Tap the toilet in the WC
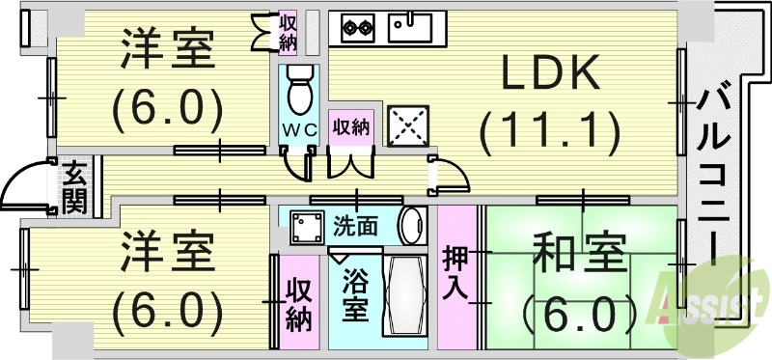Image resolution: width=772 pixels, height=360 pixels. pos(298,88)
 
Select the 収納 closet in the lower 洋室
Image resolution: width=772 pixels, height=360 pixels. pos(298,303)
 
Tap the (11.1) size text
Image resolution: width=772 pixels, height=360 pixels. pos(549,126)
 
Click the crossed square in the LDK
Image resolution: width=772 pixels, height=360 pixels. pos(407,125)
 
